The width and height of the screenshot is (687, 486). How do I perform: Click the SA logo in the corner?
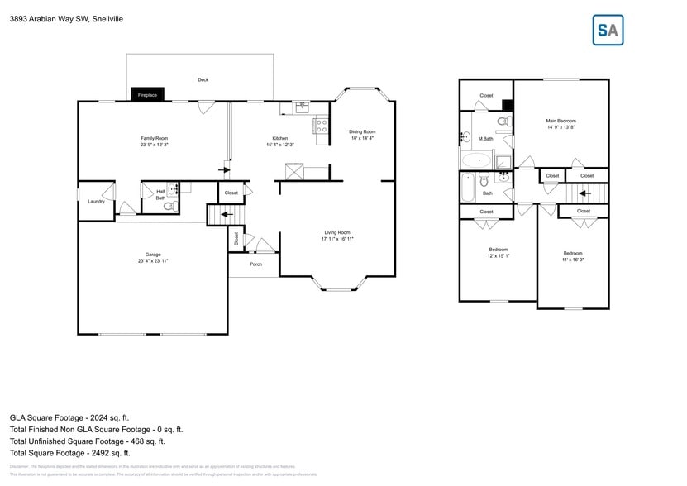(608, 30)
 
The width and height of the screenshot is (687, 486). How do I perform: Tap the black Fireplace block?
(147, 95)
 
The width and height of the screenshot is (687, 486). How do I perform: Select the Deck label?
(203, 80)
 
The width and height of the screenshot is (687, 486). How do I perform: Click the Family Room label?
(154, 138)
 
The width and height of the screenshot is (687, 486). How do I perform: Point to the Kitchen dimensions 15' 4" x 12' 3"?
(280, 145)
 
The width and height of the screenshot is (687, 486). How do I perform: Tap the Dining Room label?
(361, 131)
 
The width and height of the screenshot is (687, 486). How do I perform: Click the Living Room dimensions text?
(337, 240)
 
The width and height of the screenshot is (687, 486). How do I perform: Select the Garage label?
(153, 255)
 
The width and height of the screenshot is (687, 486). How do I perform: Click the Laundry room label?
(96, 201)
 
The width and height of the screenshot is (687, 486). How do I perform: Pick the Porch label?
(255, 264)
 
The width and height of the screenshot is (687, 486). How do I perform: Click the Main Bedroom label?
(561, 121)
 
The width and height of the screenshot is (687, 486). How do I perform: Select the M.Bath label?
(486, 139)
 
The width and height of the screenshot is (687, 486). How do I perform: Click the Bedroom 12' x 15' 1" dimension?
(498, 256)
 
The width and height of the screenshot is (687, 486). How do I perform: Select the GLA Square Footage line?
(69, 418)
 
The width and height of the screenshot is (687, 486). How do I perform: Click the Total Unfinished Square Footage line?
(96, 441)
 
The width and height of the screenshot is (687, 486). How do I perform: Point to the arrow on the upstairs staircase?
(584, 194)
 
